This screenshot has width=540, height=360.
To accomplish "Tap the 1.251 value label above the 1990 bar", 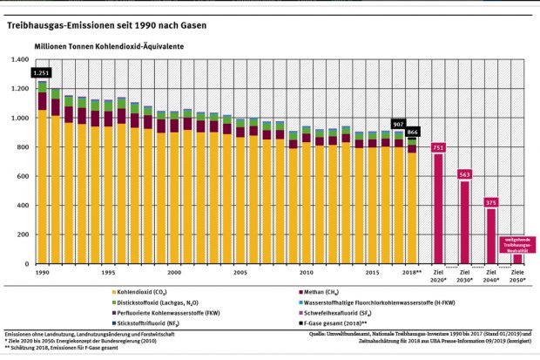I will click(41, 73).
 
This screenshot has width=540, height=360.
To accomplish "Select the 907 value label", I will click(399, 123).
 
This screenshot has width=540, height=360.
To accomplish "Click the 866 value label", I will click(413, 130).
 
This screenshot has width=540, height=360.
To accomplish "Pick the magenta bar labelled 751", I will click(439, 206).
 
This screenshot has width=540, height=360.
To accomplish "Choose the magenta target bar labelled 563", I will click(465, 222).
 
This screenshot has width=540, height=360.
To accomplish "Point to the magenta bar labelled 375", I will click(491, 236).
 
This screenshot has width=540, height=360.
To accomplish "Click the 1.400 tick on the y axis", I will click(18, 60).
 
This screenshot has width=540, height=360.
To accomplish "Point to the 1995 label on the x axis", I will click(108, 273).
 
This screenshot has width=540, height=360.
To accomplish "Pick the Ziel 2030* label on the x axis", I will click(465, 275).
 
